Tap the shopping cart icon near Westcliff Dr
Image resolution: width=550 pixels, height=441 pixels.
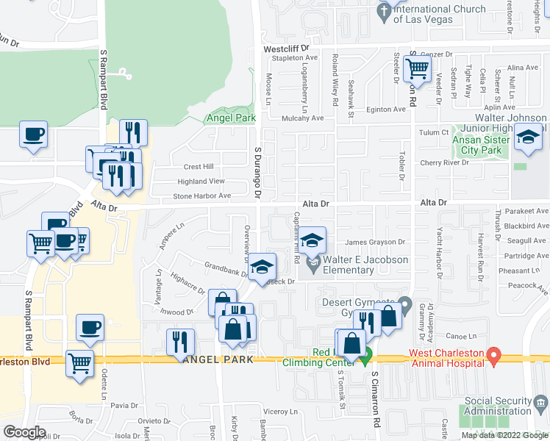[x=417, y=70]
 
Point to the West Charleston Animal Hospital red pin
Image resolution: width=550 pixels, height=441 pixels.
[x=494, y=357]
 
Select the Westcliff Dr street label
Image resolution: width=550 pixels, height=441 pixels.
[x=293, y=49]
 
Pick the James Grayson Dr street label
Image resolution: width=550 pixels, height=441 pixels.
[x=376, y=243]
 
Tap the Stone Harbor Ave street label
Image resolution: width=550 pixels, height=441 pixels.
[x=201, y=196]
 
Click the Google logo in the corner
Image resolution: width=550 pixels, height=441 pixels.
[x=24, y=431]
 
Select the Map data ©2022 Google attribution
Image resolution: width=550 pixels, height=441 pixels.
[x=504, y=435]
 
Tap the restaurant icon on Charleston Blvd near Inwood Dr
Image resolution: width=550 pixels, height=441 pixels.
[x=179, y=342]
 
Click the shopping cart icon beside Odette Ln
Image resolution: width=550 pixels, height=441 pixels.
[x=80, y=362]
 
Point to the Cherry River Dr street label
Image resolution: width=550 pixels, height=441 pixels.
[x=444, y=162]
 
